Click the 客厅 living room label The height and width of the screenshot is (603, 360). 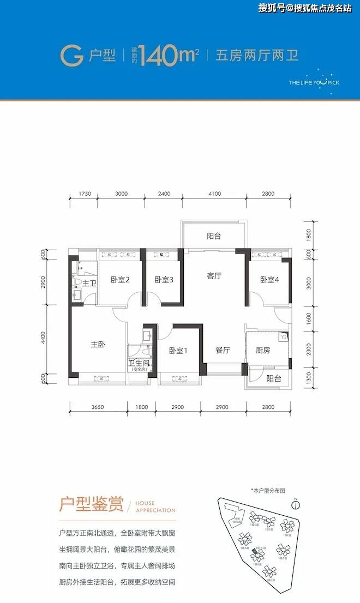point(214,276)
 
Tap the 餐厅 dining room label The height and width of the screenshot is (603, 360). point(222,351)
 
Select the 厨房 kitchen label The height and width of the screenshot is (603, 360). point(263,351)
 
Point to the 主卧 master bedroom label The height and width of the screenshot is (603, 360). point(98,345)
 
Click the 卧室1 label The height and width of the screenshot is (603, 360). point(178,351)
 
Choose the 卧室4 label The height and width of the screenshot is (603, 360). point(269,280)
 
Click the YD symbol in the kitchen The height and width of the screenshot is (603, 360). point(283,337)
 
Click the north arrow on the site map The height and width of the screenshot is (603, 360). point(295,500)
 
